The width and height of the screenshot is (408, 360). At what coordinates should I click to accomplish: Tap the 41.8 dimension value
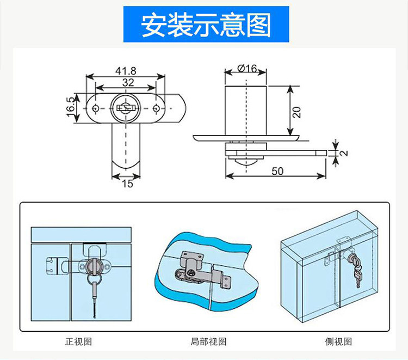click(126, 70)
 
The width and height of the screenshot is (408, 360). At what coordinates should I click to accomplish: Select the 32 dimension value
click(128, 82)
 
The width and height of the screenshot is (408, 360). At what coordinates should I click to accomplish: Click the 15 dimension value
click(127, 184)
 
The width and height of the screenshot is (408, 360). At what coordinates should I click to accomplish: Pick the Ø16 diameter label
click(248, 69)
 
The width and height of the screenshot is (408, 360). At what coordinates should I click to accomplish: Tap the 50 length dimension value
click(277, 171)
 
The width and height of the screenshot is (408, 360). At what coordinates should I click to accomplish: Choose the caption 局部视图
click(208, 341)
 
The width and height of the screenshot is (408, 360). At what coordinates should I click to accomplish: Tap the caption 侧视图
click(339, 341)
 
